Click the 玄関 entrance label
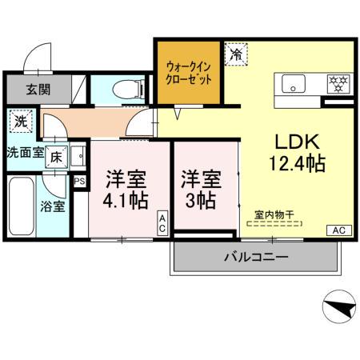[35, 89]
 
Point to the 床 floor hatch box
[56, 156]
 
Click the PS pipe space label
[79, 182]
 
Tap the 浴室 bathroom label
[53, 206]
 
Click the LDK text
[298, 142]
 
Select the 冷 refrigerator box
[236, 54]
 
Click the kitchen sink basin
[290, 82]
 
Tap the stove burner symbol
[336, 82]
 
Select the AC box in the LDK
[338, 230]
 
